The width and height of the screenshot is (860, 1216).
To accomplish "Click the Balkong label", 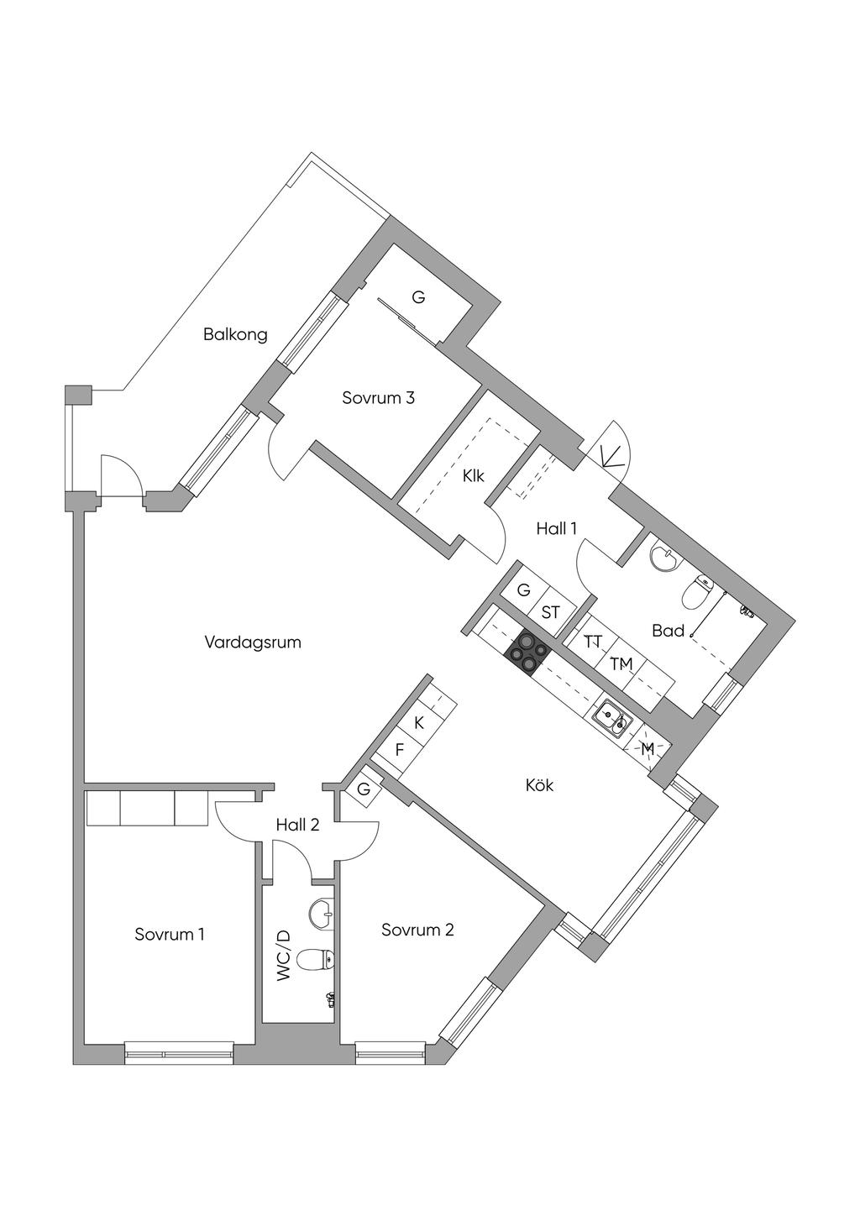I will click(235, 334).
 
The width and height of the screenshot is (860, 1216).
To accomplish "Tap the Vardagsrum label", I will click(253, 642).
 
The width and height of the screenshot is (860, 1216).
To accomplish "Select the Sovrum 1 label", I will click(170, 934).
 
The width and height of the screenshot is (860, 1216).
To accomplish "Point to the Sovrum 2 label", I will click(417, 930).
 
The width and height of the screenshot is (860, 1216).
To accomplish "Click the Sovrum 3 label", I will click(378, 398).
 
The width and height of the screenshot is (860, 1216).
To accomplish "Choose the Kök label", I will click(539, 786).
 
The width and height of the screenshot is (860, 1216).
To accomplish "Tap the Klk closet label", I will click(474, 476).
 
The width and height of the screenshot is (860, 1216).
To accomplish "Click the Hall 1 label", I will click(557, 528).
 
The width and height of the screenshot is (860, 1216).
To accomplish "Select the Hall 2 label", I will click(297, 825).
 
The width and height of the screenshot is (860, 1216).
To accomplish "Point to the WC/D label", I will click(283, 956).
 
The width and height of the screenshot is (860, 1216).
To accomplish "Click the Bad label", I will click(668, 630).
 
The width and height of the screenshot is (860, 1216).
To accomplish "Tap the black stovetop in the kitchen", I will click(526, 653).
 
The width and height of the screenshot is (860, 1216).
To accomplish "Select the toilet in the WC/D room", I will click(316, 958).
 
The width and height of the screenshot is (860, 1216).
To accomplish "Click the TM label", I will click(621, 664).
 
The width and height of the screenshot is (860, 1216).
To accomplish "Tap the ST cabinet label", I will click(550, 612).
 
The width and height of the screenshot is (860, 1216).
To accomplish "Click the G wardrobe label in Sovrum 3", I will click(418, 297).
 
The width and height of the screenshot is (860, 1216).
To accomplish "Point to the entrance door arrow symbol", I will click(613, 456).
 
